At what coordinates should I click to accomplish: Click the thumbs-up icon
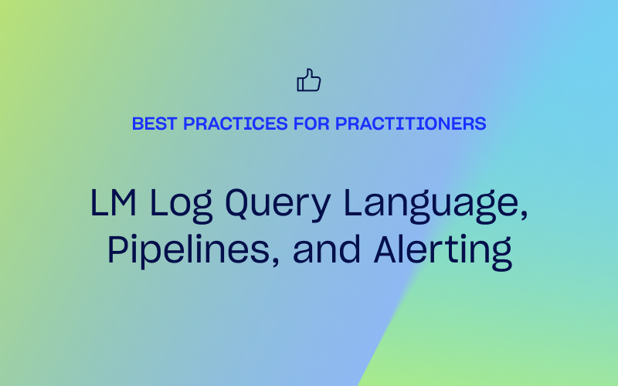click(308, 80)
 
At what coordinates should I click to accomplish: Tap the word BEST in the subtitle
click(154, 124)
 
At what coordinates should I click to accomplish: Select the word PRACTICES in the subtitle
click(236, 124)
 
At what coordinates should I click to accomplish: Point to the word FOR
click(311, 124)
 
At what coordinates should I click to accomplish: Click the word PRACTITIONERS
click(411, 124)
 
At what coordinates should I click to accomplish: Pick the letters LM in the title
click(114, 202)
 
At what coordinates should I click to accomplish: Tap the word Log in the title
click(182, 205)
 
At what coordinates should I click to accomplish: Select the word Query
click(278, 205)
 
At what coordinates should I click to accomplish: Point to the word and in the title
click(327, 249)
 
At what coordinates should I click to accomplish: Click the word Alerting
click(443, 252)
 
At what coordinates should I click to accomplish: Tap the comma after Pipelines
click(275, 261)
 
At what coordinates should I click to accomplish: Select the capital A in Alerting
click(388, 249)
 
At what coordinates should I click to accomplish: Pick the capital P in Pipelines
click(119, 249)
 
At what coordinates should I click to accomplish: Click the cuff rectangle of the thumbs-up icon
click(301, 83)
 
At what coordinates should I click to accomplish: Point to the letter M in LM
click(124, 202)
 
